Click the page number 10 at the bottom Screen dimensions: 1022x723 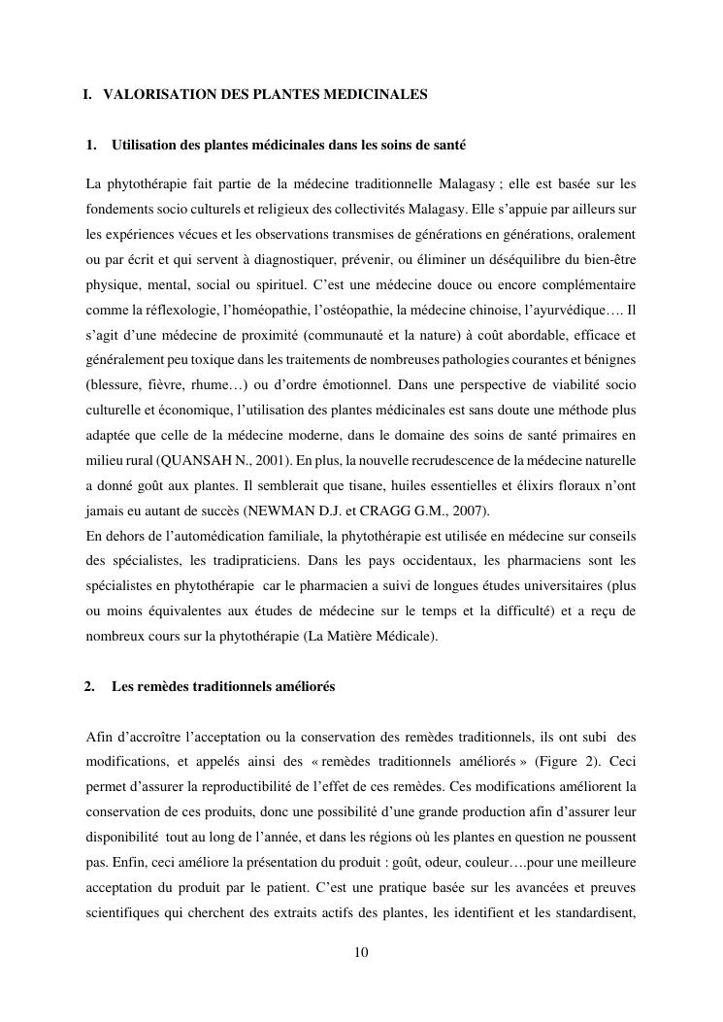(361, 952)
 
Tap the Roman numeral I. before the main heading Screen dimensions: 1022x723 (87, 95)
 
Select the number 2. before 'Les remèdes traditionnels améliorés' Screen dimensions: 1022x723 (89, 687)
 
